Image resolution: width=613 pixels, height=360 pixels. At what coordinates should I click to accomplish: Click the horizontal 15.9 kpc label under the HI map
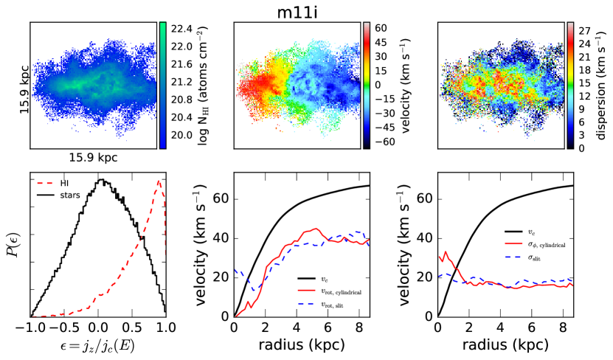pos(93,157)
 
